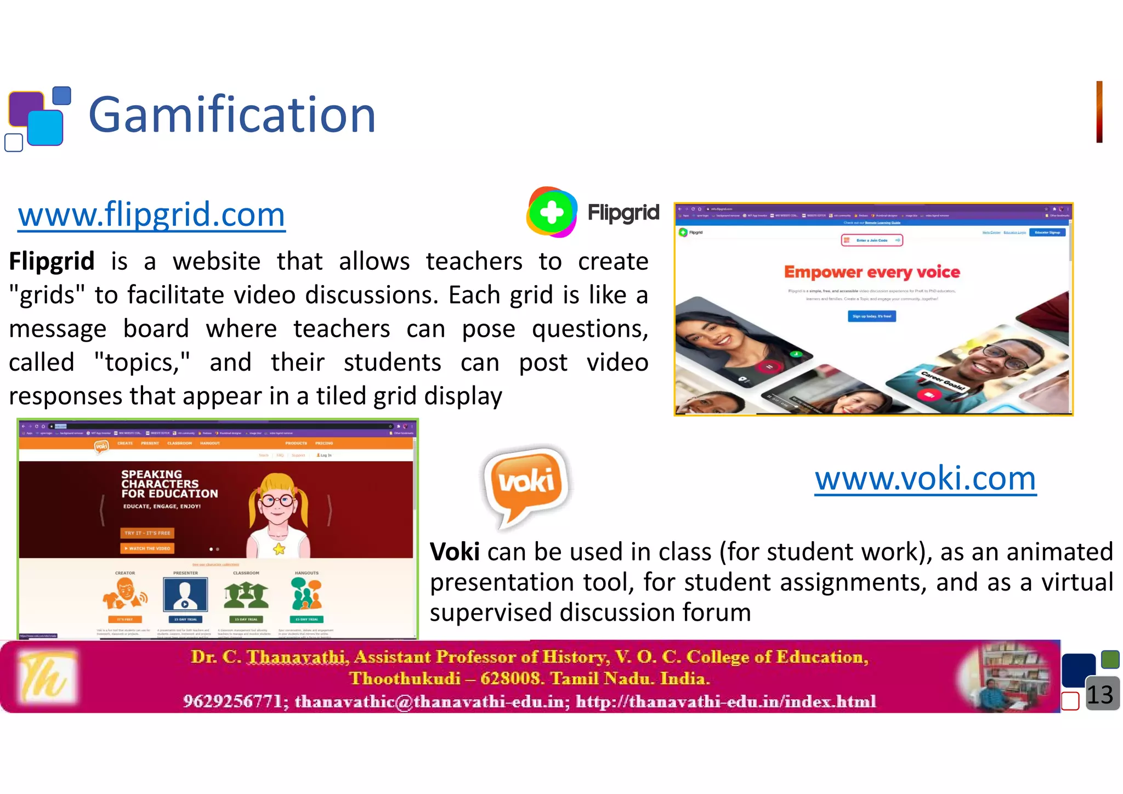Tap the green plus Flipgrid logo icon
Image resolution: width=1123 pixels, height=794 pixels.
[x=552, y=212]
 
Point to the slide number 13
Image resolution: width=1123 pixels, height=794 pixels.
[x=1099, y=695]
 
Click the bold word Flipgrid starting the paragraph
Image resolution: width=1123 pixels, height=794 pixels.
[x=52, y=261]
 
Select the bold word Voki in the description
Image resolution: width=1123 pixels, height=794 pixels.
[x=455, y=552]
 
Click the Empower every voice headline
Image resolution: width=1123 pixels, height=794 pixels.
[x=872, y=272]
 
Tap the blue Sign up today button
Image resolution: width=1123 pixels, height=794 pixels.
[x=872, y=316]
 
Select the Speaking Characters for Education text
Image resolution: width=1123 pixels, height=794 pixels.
[x=169, y=484]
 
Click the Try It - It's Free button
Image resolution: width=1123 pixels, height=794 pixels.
[x=147, y=532]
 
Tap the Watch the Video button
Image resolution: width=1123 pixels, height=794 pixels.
[x=147, y=548]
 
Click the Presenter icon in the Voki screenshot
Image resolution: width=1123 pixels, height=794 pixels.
[x=185, y=595]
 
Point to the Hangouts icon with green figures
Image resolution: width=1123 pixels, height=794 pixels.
[x=307, y=594]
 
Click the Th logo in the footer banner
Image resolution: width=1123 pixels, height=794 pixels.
[x=46, y=676]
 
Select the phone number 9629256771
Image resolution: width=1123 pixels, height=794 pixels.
[x=232, y=701]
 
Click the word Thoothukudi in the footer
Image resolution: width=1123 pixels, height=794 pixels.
[x=405, y=678]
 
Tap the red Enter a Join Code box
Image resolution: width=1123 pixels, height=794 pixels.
[x=872, y=240]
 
